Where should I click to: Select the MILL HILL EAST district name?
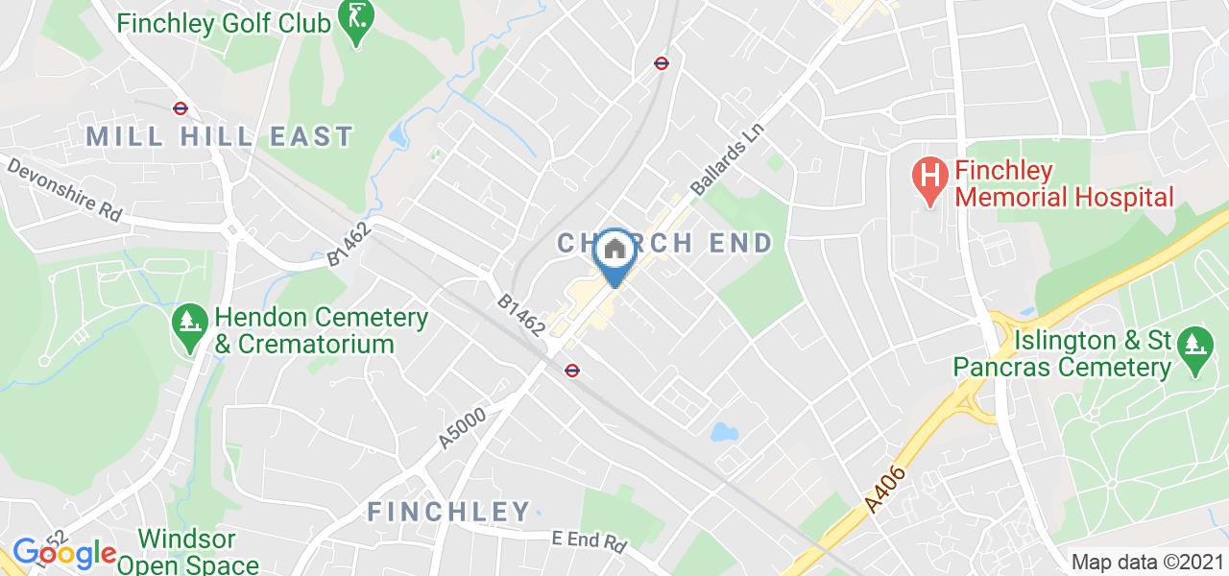(220, 136)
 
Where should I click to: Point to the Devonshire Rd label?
(66, 190)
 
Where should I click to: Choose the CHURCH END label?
(665, 243)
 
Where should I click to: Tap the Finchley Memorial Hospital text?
(1063, 184)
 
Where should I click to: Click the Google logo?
(63, 553)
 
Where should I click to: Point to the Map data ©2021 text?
(1146, 563)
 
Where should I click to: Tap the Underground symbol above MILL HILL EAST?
(180, 108)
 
